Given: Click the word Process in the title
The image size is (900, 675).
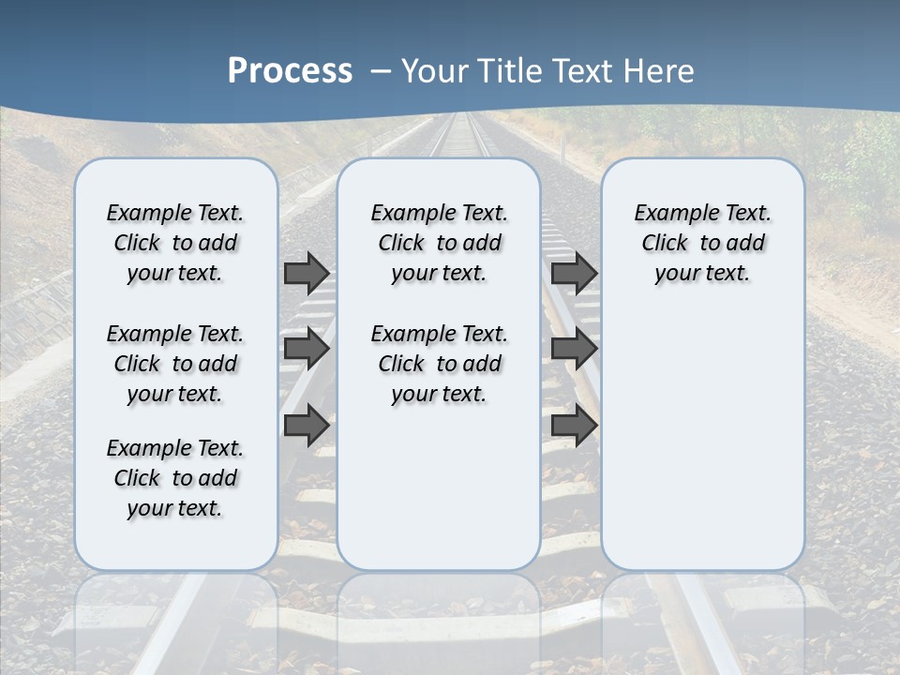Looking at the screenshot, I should click(290, 70).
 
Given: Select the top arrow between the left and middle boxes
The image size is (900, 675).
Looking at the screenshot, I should click(306, 273).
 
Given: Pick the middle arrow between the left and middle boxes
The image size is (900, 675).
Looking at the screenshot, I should click(306, 350).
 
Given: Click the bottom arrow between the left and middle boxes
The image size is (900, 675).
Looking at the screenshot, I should click(306, 426).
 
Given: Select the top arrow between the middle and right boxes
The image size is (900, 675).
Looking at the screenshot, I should click(574, 273).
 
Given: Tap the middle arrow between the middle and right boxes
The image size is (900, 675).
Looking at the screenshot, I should click(574, 350).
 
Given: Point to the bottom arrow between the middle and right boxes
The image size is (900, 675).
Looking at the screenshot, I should click(574, 426).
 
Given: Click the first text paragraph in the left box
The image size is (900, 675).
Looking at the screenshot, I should click(175, 243).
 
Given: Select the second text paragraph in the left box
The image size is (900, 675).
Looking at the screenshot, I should click(175, 364).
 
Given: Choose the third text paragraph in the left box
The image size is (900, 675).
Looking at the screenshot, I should click(175, 478).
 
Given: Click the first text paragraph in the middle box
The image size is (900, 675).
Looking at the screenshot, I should click(440, 243).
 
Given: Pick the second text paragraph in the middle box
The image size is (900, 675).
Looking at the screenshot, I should click(440, 364).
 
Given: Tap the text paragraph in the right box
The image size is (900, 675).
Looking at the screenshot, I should click(703, 243).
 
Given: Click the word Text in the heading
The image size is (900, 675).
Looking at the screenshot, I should click(585, 70).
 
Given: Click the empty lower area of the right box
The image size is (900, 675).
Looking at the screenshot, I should click(703, 441).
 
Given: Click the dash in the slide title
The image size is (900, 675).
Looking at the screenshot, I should click(382, 70).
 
